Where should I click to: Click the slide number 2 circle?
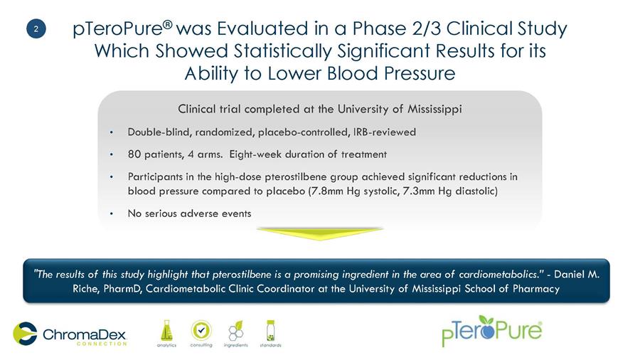coord(36,29)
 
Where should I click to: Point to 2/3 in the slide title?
coord(426,28)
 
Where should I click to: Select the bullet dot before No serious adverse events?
coord(112,213)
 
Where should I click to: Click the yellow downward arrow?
coord(319,234)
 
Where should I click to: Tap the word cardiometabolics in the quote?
coord(498,275)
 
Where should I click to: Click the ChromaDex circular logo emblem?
coord(25,334)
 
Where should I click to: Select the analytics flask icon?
coord(166,331)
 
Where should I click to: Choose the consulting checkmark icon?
coord(201,331)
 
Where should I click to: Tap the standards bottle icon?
coord(270,331)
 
